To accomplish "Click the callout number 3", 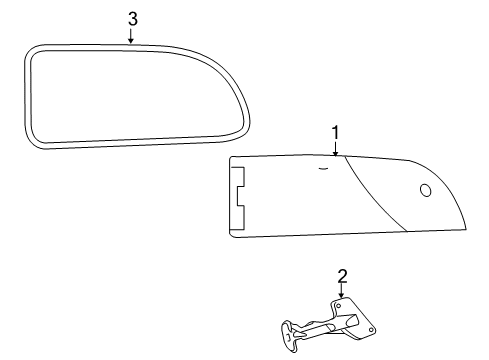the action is [x=133, y=19].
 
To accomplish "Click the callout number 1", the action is [x=335, y=132].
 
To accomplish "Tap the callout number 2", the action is [x=342, y=276].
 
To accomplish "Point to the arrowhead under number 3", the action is [x=131, y=41].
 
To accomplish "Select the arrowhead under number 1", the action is [x=335, y=153].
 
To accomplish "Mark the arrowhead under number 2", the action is [x=341, y=295].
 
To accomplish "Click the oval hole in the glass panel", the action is [x=426, y=190].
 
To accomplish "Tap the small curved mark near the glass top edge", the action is [x=323, y=169].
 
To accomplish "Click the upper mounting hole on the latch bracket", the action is [x=339, y=305].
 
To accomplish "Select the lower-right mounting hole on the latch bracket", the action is [x=371, y=330].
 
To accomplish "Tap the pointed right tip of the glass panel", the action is [x=466, y=229].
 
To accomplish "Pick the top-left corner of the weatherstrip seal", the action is [x=30, y=51].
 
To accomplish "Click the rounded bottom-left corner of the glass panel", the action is [x=233, y=235].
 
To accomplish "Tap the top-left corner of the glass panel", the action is [x=231, y=158].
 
